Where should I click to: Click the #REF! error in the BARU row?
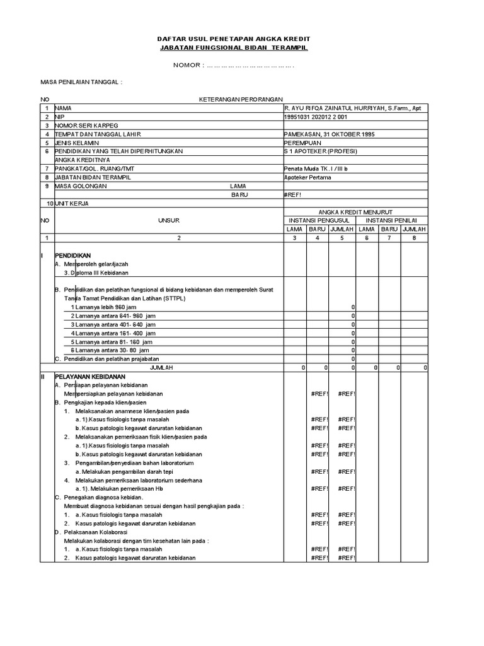(x=294, y=195)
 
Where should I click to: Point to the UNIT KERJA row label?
(x=73, y=204)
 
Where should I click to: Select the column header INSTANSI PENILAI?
(x=393, y=221)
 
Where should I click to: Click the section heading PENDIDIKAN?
(x=72, y=255)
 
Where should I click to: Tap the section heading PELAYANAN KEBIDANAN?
(x=87, y=375)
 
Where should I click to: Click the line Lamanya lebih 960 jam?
(x=105, y=307)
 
